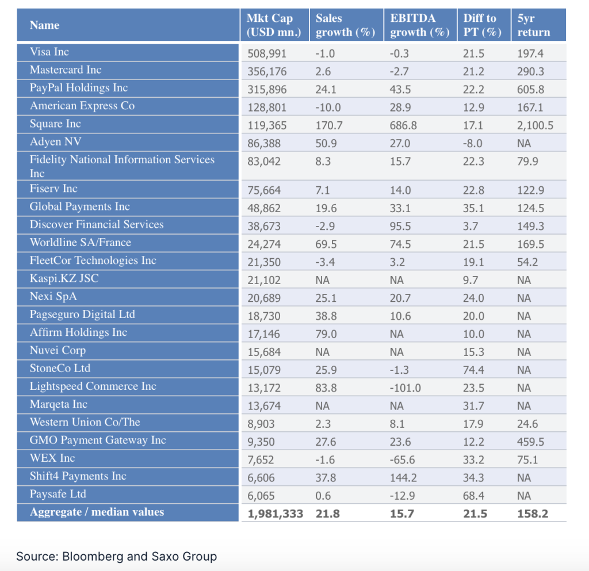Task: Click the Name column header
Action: (45, 25)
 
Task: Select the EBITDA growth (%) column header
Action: (419, 25)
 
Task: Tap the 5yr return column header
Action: (533, 25)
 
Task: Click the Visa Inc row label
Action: (49, 52)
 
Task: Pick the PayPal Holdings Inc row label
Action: (79, 88)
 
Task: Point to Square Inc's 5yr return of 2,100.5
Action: (535, 125)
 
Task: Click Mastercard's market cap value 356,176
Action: (267, 72)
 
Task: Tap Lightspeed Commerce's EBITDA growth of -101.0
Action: (405, 388)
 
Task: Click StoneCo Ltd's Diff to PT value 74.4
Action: (473, 370)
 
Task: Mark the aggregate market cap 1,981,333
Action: (275, 514)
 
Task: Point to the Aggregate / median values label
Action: (97, 512)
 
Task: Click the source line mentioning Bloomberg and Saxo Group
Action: (116, 556)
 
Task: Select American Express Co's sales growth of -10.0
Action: (328, 108)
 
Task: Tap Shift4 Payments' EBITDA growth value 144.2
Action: (405, 477)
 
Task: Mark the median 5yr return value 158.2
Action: (533, 514)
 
